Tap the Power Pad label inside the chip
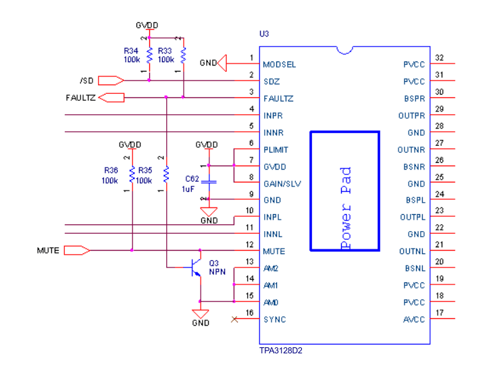(345, 208)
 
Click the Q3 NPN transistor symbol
(195, 268)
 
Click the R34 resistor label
(131, 51)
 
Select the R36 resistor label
(109, 171)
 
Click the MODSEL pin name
(280, 64)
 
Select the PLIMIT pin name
(277, 149)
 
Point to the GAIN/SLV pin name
(282, 183)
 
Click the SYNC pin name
(274, 319)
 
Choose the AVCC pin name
(414, 319)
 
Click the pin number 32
(439, 58)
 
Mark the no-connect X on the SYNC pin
(234, 319)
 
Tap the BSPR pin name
(414, 98)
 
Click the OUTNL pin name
(412, 251)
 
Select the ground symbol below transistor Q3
(201, 314)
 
